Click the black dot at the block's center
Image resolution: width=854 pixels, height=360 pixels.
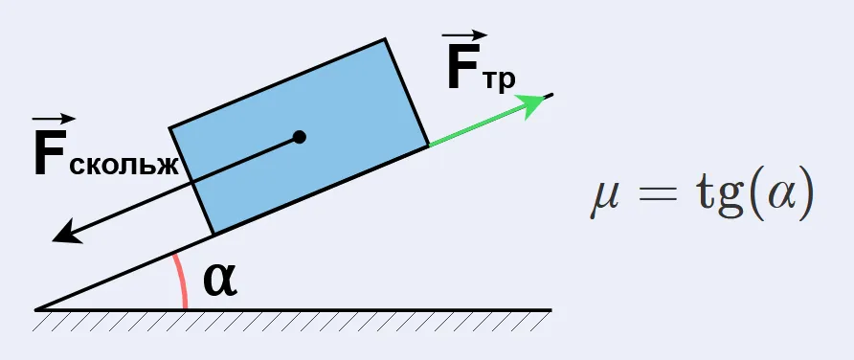coord(299,137)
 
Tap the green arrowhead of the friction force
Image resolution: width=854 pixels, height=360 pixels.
coord(531,104)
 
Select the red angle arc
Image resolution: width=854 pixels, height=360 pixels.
coord(181,281)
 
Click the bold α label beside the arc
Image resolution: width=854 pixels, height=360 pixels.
coord(220,281)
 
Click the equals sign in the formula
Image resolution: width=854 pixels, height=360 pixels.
coord(659,195)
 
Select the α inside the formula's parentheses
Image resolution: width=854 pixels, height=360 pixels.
coord(774,195)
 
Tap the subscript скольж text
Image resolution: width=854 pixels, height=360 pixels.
coord(124,164)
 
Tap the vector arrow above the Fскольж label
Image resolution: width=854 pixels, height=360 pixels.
coord(53,119)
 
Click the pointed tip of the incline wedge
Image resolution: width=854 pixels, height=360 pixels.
coord(35,310)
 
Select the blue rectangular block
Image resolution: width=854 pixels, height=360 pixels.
coord(299,136)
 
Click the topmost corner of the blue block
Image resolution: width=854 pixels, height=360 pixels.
coord(385,38)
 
